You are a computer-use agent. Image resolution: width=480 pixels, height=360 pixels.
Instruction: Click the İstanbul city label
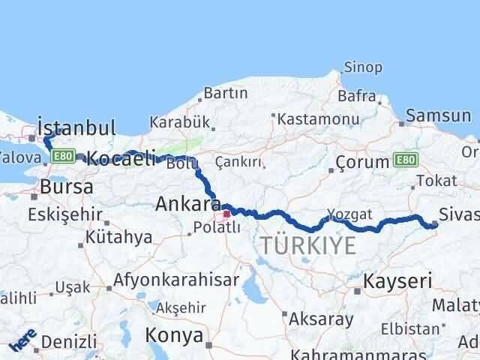click(x=76, y=127)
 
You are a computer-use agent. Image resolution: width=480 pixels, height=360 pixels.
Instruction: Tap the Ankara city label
click(x=187, y=203)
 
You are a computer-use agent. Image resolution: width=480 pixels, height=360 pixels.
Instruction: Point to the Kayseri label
click(x=398, y=281)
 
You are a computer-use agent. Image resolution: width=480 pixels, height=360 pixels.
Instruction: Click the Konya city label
click(x=175, y=334)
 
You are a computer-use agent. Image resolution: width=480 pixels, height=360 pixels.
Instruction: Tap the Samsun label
click(x=439, y=115)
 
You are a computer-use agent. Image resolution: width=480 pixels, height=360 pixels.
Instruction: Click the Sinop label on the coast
click(x=363, y=67)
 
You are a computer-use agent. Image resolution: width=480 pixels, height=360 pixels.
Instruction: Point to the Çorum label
click(x=362, y=162)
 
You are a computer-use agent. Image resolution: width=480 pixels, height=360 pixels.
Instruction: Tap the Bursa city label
click(x=67, y=187)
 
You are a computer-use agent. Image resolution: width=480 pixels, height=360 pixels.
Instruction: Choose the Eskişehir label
click(x=64, y=214)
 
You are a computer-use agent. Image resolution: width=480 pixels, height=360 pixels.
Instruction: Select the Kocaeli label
click(x=121, y=158)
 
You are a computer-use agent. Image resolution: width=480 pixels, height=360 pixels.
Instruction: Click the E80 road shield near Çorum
click(x=406, y=160)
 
